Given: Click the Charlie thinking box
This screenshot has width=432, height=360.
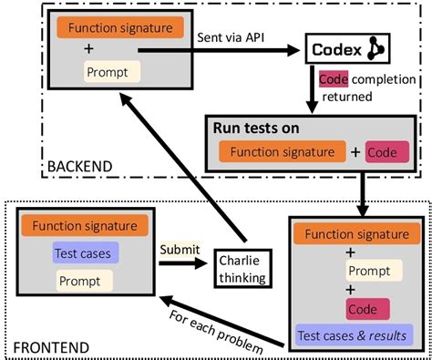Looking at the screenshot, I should [242, 262].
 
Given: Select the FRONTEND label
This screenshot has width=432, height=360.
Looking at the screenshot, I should [49, 347].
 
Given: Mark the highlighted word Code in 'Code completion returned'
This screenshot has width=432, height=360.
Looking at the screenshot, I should [332, 79].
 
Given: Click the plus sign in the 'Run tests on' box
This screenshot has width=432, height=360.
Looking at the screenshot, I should [355, 151].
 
